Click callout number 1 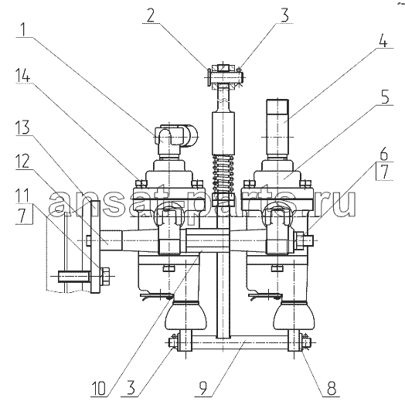tap(23, 29)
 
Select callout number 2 tap(151, 15)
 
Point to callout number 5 tap(385, 97)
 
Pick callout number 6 tap(384, 155)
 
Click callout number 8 tap(332, 388)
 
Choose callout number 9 tap(203, 388)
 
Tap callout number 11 tap(22, 196)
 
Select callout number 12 tap(22, 162)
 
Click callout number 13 tap(22, 127)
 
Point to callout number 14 tap(22, 75)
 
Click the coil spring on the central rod tap(223, 175)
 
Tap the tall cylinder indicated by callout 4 tap(277, 128)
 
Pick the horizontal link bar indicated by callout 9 tap(240, 342)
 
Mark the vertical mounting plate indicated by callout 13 tap(95, 247)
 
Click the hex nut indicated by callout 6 tap(299, 240)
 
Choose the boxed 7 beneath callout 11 tap(23, 215)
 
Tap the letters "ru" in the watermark tap(339, 205)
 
